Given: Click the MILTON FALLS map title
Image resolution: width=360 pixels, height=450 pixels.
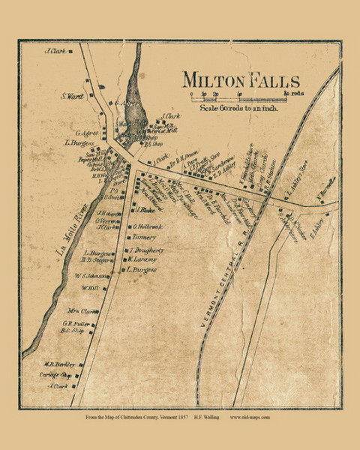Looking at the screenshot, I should tap(240, 81).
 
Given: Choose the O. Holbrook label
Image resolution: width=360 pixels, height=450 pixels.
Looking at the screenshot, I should tap(147, 226).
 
